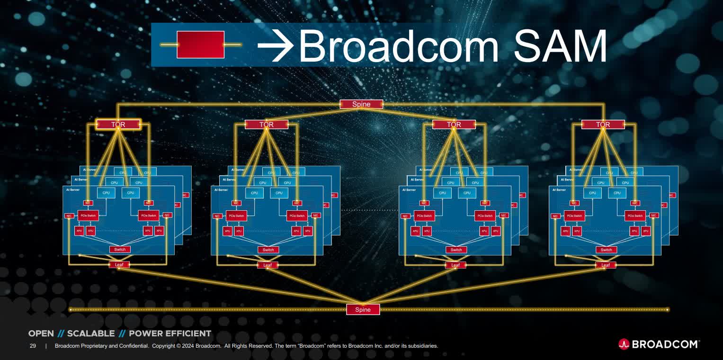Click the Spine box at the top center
click(x=361, y=104)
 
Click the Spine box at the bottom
click(x=363, y=309)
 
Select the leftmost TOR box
click(x=118, y=125)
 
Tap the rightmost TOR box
click(x=603, y=125)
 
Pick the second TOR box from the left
click(x=266, y=125)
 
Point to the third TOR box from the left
click(x=454, y=125)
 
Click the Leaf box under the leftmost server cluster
click(x=119, y=265)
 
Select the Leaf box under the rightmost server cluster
click(x=606, y=265)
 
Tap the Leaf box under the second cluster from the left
click(x=268, y=265)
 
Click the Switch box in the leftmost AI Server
click(x=120, y=250)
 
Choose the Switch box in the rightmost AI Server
click(x=606, y=250)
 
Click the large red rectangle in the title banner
click(x=200, y=45)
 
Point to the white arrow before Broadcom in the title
click(x=275, y=46)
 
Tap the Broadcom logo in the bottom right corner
click(x=659, y=344)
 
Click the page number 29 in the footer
click(x=33, y=346)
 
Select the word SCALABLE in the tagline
click(x=91, y=333)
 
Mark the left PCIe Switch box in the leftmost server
click(x=89, y=216)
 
